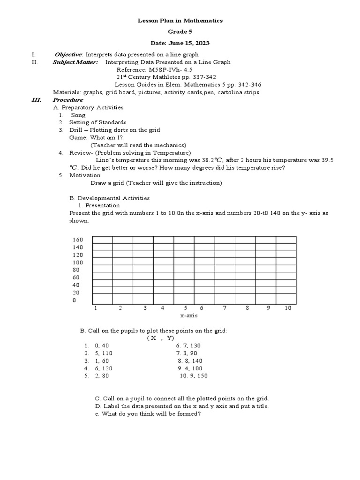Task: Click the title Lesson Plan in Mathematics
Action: click(x=180, y=21)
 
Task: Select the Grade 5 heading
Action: click(x=180, y=32)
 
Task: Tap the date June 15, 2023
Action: click(x=180, y=43)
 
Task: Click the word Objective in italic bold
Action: click(x=68, y=55)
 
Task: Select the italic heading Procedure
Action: click(x=68, y=100)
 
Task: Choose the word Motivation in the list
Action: click(x=85, y=175)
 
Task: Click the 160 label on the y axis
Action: click(x=77, y=240)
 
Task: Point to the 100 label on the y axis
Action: click(x=77, y=262)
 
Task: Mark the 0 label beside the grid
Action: click(x=74, y=300)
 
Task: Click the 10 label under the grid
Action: click(x=288, y=308)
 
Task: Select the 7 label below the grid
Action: click(x=225, y=308)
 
